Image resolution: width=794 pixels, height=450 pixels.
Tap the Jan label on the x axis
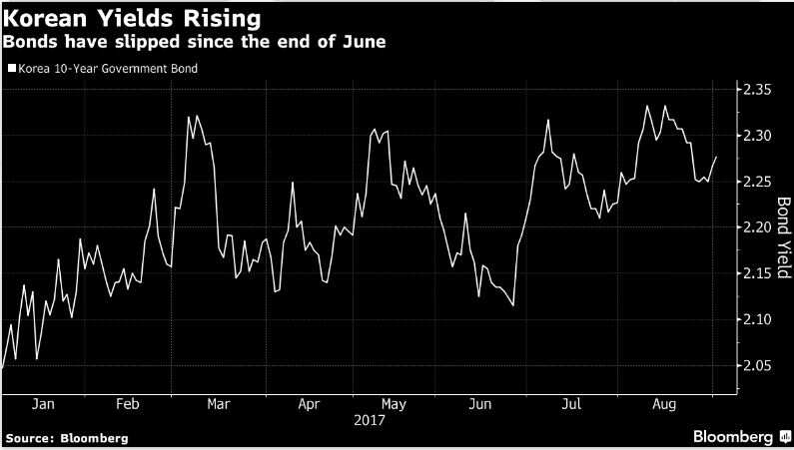point(43,405)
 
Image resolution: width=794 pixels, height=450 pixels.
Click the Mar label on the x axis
point(218,405)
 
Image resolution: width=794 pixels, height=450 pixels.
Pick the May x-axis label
point(394,405)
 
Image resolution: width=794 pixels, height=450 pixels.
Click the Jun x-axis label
point(480,405)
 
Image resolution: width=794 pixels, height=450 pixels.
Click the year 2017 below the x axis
point(370,421)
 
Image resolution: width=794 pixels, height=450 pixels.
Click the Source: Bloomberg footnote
point(66,438)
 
